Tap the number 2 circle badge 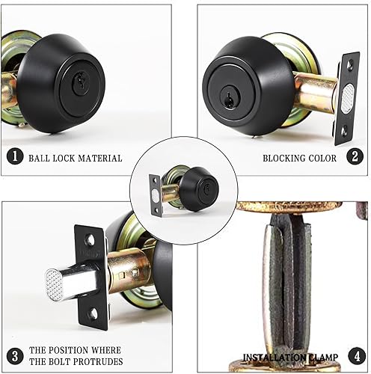tap(357, 158)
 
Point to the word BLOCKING tap(285, 159)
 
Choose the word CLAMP tap(323, 357)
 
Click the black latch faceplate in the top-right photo tap(346, 98)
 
